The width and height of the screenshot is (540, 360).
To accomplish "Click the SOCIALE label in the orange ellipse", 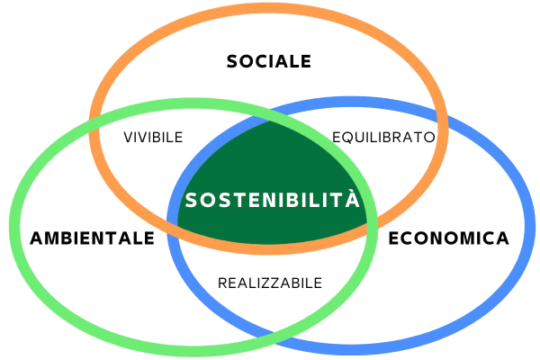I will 269,61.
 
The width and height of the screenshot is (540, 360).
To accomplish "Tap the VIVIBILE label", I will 154,138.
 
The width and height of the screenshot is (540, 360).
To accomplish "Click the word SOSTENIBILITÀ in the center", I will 272,200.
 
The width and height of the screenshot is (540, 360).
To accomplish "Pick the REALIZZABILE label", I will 270,283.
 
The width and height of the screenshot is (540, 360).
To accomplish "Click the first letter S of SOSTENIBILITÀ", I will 190,200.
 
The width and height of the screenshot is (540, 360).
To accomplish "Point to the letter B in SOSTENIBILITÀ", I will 294,200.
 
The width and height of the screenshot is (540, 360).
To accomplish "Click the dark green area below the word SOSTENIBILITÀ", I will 270,227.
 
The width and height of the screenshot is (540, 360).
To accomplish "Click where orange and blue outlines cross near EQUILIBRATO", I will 443,118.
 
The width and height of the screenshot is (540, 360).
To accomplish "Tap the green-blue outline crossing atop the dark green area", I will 271,118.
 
